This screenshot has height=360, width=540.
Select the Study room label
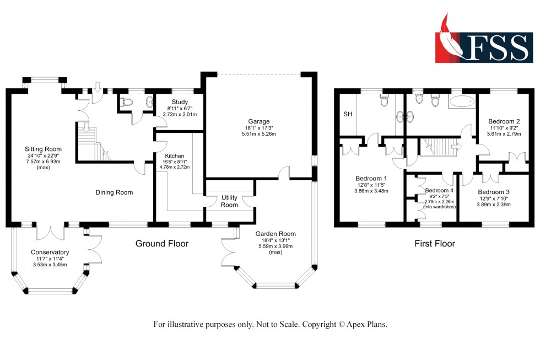click(180, 101)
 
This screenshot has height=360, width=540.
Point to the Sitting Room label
click(43, 149)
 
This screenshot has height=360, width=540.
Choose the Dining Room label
click(114, 192)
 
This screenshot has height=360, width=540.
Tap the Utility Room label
click(230, 201)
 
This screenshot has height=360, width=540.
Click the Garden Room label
click(276, 234)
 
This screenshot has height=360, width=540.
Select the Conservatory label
click(49, 252)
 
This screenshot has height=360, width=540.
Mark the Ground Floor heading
click(162, 243)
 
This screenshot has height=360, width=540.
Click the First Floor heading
click(435, 243)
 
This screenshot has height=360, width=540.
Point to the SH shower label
click(348, 114)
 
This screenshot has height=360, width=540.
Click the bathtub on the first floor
click(461, 101)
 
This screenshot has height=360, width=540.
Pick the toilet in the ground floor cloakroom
click(126, 101)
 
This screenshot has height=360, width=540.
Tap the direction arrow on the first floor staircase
click(456, 147)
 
